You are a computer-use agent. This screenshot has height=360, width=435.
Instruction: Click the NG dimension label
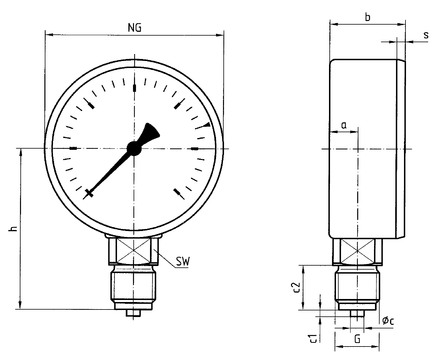(x=135, y=28)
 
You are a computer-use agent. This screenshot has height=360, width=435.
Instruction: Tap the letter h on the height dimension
(x=14, y=229)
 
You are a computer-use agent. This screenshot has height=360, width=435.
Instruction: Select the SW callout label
(x=182, y=262)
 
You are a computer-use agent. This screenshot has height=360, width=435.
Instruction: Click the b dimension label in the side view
(x=367, y=17)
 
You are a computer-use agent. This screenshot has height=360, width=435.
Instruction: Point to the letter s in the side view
(x=426, y=35)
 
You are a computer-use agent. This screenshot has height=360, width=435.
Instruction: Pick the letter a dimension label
(x=344, y=126)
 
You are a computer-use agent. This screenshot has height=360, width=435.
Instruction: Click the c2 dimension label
(x=296, y=287)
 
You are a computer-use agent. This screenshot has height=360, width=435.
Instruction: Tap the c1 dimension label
(x=313, y=337)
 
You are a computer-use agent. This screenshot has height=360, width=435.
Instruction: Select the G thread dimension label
(x=357, y=339)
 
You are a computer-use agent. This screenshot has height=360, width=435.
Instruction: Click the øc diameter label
(x=388, y=321)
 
